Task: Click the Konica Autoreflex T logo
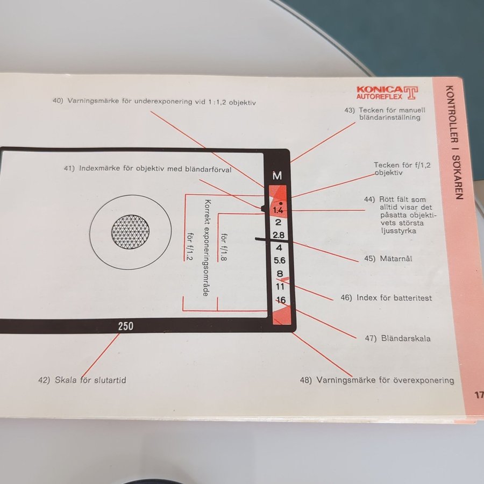(387, 92)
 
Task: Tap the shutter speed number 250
(126, 326)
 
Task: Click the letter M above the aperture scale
(277, 176)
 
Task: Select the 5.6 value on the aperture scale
(280, 260)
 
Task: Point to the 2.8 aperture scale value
(279, 235)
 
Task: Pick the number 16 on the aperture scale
(281, 300)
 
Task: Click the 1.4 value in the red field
(278, 210)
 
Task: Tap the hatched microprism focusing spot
(130, 232)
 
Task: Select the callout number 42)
(44, 380)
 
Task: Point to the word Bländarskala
(405, 338)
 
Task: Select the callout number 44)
(369, 200)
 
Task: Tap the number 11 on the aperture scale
(280, 287)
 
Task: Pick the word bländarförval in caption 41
(208, 169)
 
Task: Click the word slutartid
(110, 380)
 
